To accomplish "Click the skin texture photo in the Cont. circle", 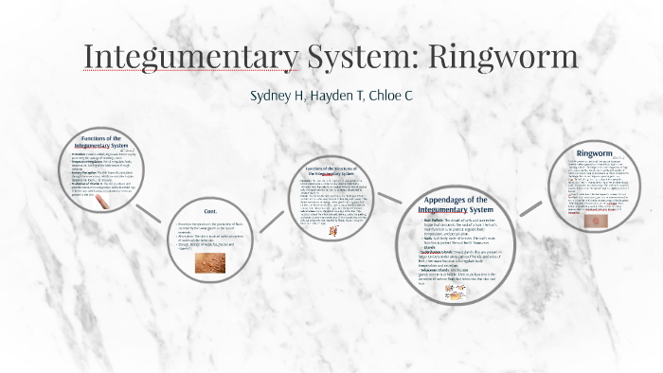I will click(210, 263).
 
